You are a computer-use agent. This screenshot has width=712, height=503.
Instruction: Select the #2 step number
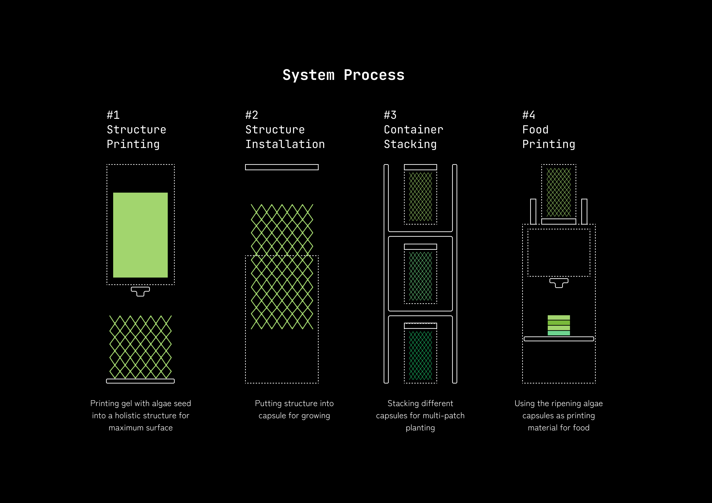point(252,115)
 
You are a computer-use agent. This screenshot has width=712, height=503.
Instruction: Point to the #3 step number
point(390,115)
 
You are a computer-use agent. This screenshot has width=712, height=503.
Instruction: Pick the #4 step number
point(528,115)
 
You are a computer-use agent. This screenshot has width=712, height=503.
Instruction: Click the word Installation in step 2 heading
point(285,144)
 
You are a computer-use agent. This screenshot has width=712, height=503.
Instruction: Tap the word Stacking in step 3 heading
point(410,144)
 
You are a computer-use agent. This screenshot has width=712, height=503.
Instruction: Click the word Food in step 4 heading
point(535,130)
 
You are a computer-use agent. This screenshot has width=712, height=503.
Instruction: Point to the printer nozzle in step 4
point(559,283)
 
